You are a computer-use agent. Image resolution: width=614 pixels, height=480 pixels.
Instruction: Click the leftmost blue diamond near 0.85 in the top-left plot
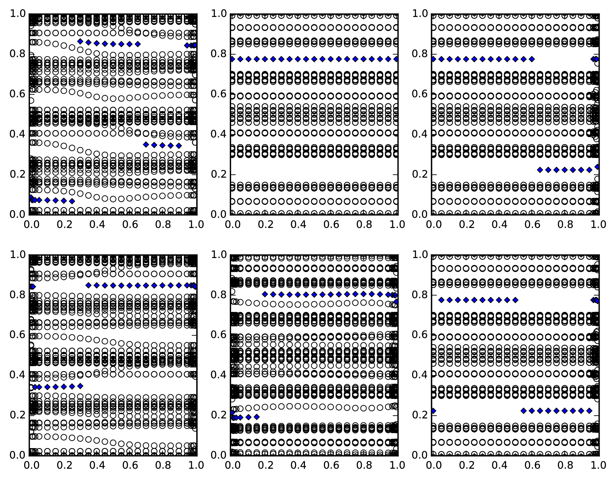coord(80,41)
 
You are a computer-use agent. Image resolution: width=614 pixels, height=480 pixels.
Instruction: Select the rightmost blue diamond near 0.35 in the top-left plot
coord(179,145)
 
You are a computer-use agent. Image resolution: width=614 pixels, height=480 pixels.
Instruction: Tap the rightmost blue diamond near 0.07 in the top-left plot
coord(72,201)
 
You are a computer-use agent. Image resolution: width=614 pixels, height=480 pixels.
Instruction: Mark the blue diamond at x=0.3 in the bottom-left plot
coord(80,386)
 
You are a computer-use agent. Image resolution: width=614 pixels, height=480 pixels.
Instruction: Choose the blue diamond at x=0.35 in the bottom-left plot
coord(89,285)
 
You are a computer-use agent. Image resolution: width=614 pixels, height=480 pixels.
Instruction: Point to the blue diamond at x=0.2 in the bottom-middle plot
coord(265,294)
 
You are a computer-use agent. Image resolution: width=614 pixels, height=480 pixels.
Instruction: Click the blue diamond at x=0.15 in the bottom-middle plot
coord(257,417)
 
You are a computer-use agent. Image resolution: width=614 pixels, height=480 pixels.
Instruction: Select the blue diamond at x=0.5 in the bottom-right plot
coord(515,300)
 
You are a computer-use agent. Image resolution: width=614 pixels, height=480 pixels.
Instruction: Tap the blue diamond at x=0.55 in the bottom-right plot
coord(523,410)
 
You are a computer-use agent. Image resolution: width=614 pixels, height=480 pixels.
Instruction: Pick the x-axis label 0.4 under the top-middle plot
coord(298,225)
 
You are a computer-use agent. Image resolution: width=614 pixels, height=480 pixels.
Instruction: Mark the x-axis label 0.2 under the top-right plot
coord(467,225)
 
